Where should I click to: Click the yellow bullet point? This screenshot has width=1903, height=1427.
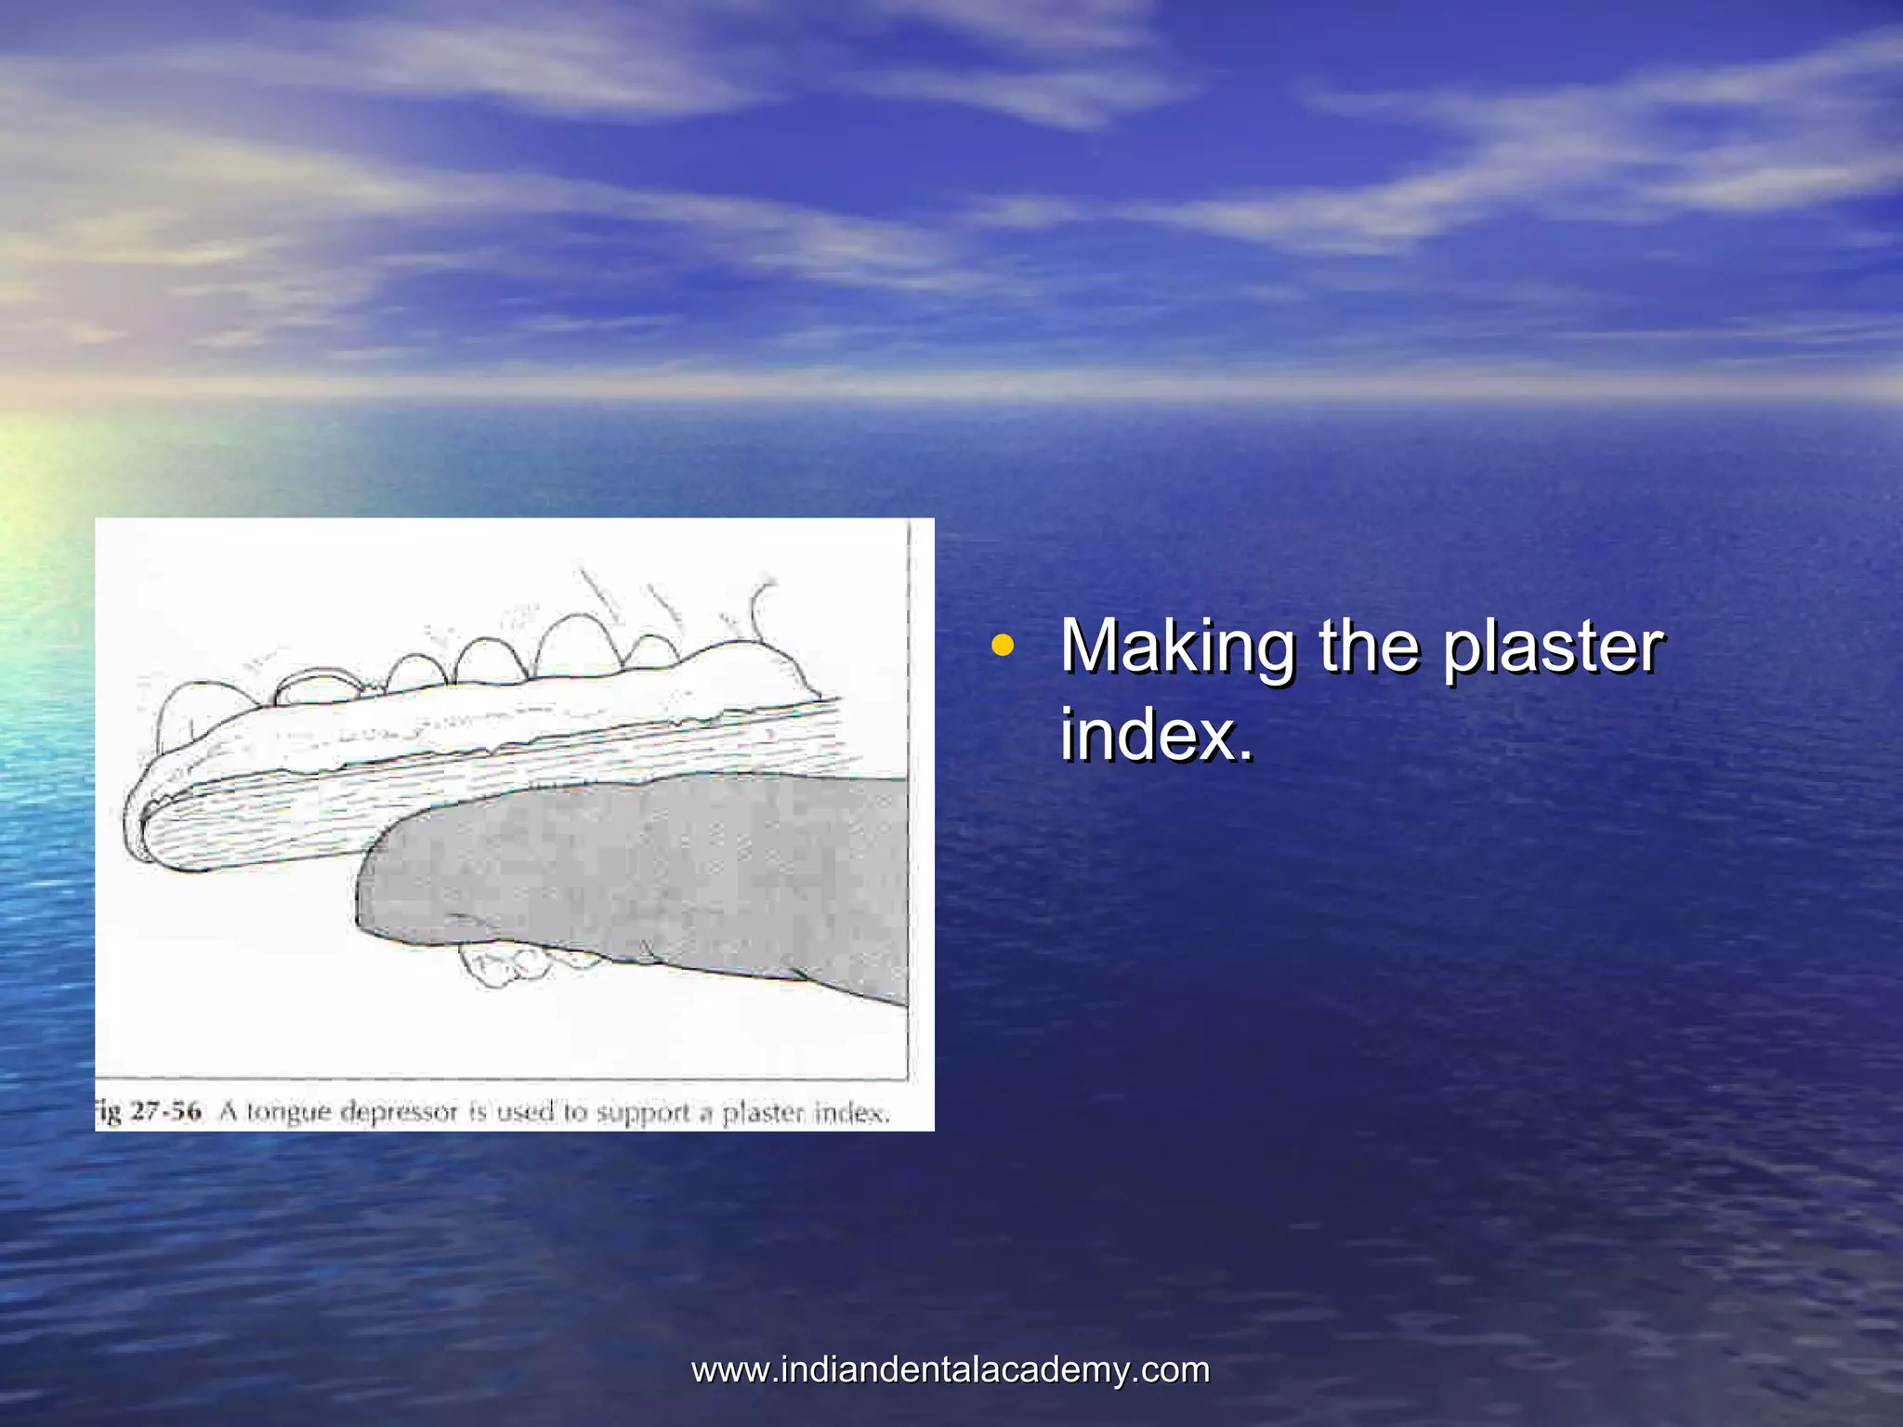(1001, 645)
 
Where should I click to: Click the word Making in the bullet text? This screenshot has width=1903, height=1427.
(1177, 647)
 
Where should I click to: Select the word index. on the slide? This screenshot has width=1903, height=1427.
(1156, 735)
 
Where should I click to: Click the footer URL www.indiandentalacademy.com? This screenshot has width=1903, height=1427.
(951, 1370)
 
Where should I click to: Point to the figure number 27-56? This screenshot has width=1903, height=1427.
(164, 1112)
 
